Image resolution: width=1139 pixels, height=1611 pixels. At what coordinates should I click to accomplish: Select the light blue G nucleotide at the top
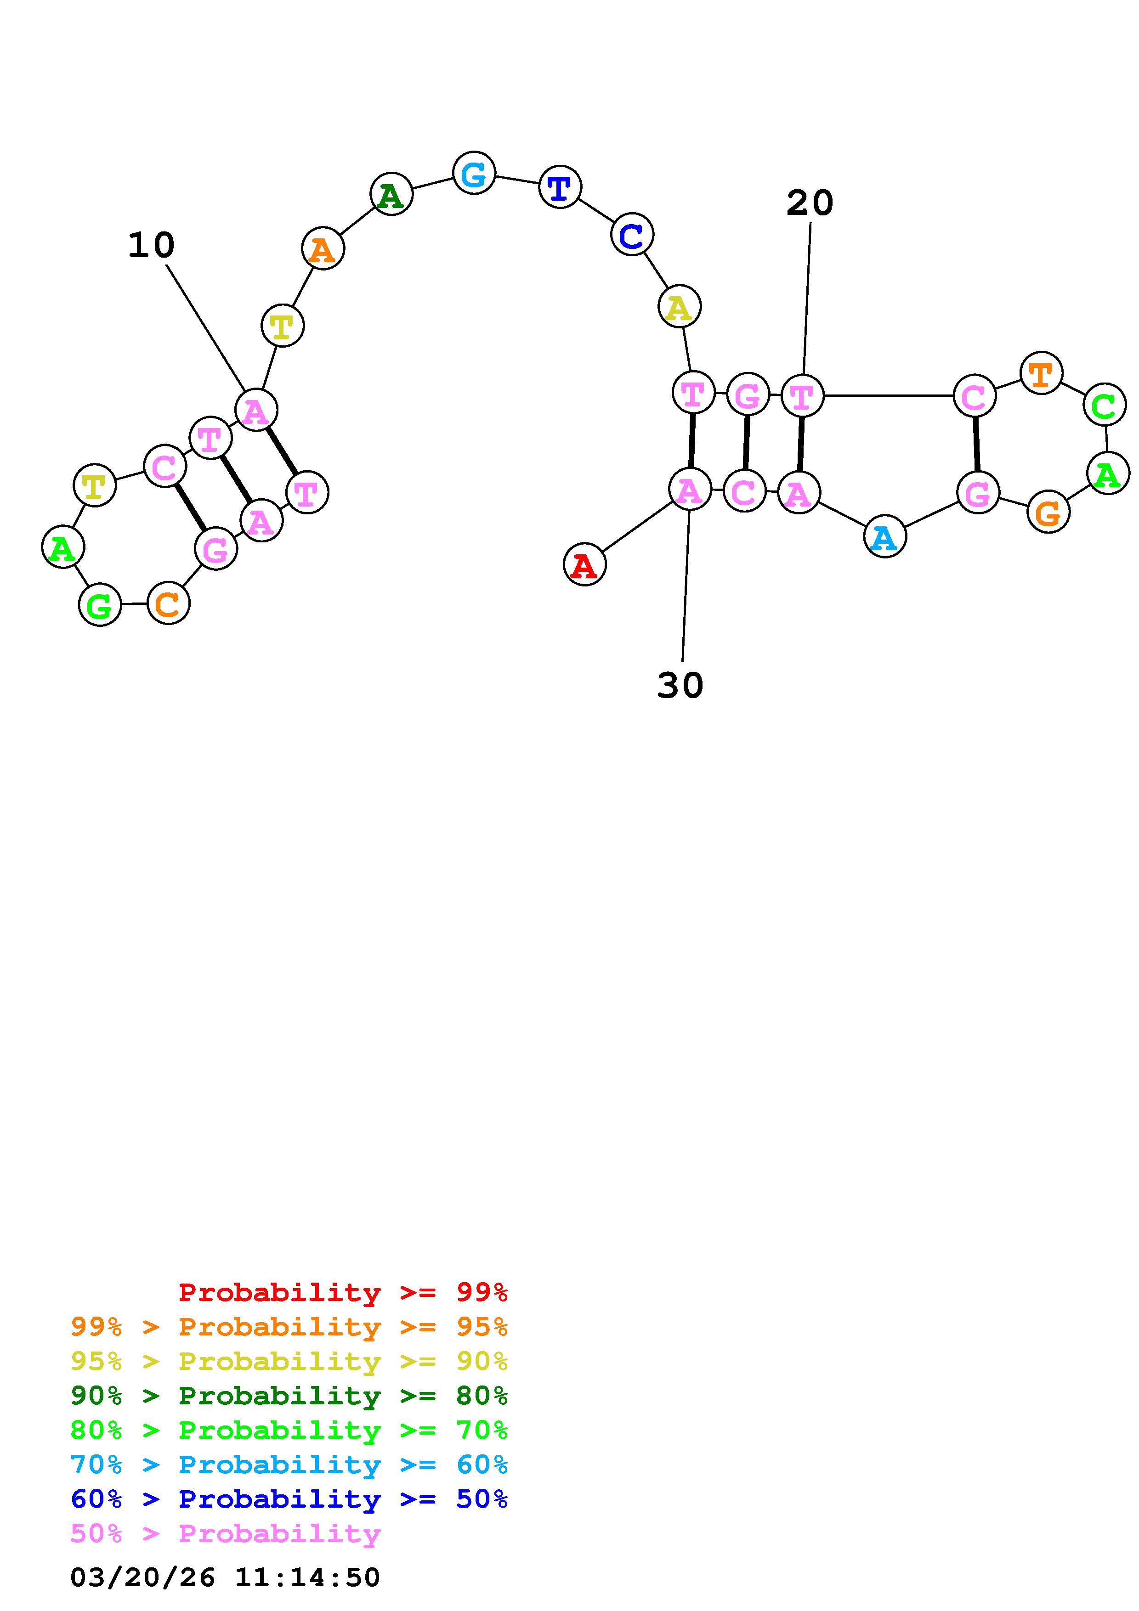[x=474, y=173]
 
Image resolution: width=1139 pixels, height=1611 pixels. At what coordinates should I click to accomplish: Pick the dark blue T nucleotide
[x=559, y=187]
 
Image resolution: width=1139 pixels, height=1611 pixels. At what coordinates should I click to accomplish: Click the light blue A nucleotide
[x=884, y=537]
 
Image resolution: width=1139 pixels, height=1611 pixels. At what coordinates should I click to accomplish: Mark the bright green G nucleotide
[x=100, y=605]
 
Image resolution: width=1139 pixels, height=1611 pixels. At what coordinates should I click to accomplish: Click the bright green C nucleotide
[x=1104, y=405]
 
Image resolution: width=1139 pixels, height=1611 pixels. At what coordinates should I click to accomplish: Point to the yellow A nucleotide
[x=679, y=307]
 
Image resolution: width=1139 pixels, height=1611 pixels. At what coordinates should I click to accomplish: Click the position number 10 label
[x=151, y=246]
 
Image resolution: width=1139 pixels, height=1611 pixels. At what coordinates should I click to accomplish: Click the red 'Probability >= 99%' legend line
[x=342, y=1292]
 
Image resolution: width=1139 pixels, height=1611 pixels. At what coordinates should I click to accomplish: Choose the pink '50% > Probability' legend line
[x=225, y=1534]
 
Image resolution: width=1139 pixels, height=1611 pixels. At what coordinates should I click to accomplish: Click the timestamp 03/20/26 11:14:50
[x=225, y=1577]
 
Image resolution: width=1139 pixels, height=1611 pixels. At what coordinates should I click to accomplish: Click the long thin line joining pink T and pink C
[x=888, y=396]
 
